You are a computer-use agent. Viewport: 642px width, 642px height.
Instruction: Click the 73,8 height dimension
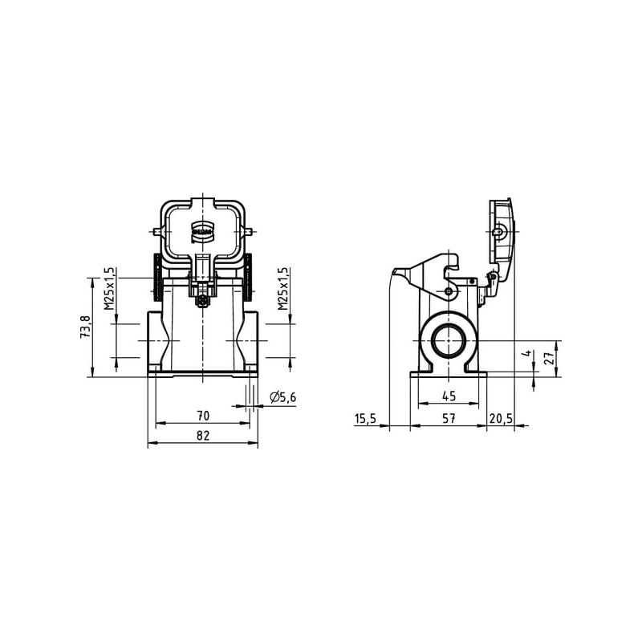click(x=85, y=327)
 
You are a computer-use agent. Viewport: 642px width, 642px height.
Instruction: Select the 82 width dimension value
click(x=203, y=435)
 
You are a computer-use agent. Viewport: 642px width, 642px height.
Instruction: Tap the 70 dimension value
click(x=203, y=416)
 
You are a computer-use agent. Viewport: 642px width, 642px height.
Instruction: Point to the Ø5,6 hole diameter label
click(x=282, y=397)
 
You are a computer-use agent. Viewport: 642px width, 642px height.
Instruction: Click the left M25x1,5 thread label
click(x=108, y=289)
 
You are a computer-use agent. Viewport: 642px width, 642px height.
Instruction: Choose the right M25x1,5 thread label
click(x=282, y=289)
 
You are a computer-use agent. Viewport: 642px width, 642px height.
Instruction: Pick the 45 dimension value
click(x=449, y=396)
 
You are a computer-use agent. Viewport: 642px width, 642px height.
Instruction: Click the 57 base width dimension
click(x=449, y=418)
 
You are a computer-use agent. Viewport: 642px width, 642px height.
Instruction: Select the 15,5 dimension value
click(x=365, y=418)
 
